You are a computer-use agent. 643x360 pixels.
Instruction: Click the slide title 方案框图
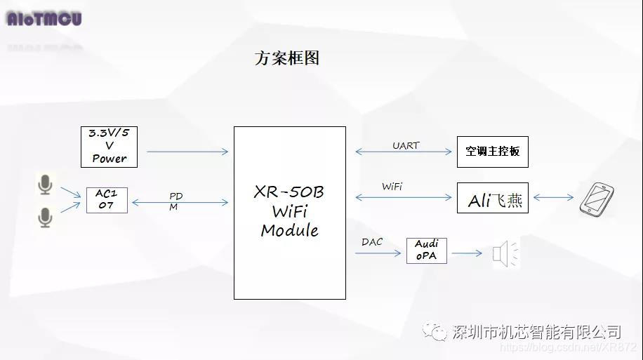point(286,58)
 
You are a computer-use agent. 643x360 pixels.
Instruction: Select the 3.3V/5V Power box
point(109,147)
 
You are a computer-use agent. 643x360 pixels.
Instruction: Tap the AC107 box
point(107,200)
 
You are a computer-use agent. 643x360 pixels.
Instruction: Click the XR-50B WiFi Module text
point(289,211)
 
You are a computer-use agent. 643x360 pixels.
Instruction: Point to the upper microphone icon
point(45,185)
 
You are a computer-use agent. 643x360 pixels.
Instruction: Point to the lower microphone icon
point(45,218)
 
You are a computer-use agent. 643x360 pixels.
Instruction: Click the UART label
point(406,146)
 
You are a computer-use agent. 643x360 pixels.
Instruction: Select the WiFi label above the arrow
point(392,187)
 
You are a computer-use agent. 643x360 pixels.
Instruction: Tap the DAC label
point(372,242)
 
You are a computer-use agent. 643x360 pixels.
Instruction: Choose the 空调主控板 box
point(492,152)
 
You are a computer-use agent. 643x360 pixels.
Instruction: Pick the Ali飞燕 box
point(492,198)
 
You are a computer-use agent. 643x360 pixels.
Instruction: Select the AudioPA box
point(426,251)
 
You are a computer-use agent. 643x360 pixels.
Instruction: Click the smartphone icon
point(597,199)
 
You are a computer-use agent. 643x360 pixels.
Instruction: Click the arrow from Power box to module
point(187,152)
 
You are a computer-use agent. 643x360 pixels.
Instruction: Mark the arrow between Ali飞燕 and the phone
point(553,198)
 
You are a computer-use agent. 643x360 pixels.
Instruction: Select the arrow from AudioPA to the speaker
point(467,253)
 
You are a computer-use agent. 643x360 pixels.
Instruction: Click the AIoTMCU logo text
point(44,19)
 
